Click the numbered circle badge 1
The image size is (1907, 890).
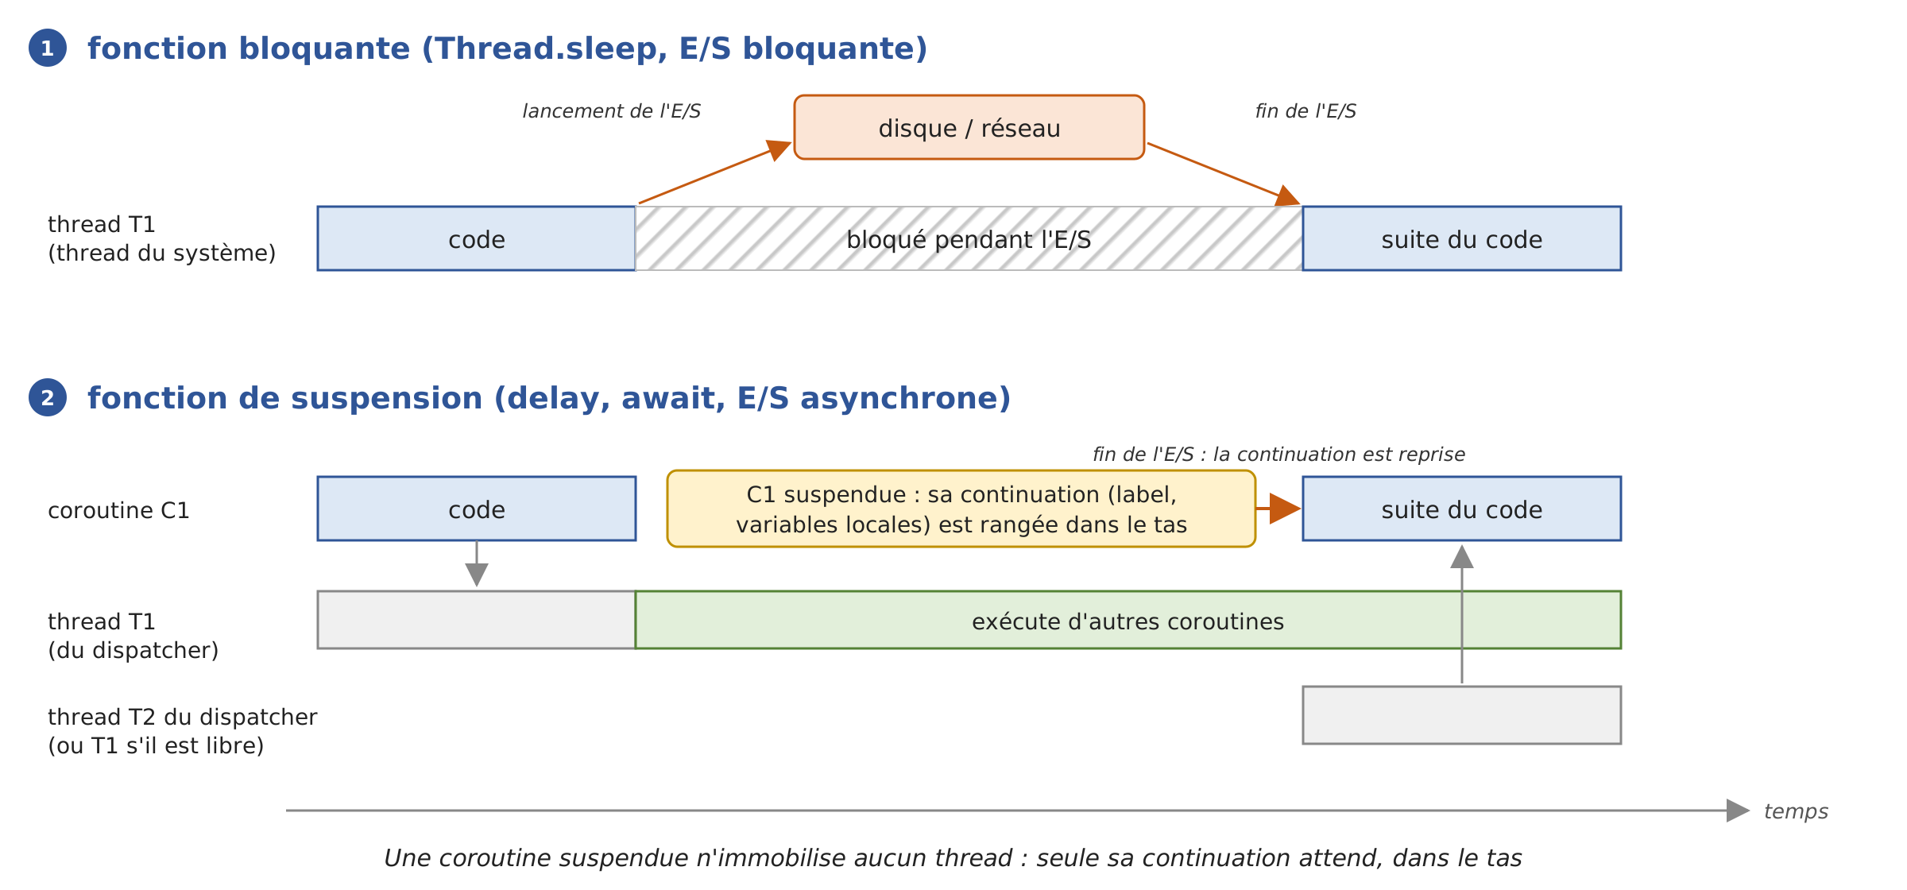(x=48, y=48)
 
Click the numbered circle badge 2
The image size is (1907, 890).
(x=48, y=397)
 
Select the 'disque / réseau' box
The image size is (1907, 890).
(x=969, y=127)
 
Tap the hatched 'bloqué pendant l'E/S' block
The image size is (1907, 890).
(x=969, y=238)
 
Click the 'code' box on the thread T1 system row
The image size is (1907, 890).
(x=477, y=238)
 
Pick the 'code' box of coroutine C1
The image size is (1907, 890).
(x=477, y=509)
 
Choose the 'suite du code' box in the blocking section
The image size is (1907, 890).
(x=1462, y=238)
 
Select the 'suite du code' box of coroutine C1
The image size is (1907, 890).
(x=1462, y=509)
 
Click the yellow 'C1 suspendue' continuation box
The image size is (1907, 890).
(x=961, y=509)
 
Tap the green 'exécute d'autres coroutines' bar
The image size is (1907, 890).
(x=1128, y=620)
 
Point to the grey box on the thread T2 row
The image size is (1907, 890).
(x=1462, y=715)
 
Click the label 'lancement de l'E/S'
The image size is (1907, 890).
(x=612, y=111)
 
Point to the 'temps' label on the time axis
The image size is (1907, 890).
(x=1796, y=811)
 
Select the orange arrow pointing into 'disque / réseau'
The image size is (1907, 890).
(x=715, y=172)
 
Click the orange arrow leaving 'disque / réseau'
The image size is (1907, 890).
(x=1224, y=174)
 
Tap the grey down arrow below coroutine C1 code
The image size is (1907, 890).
(x=477, y=564)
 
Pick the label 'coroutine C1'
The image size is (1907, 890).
(x=119, y=510)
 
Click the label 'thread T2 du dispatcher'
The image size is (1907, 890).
(x=183, y=717)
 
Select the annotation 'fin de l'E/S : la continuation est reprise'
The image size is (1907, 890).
(x=1279, y=455)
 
